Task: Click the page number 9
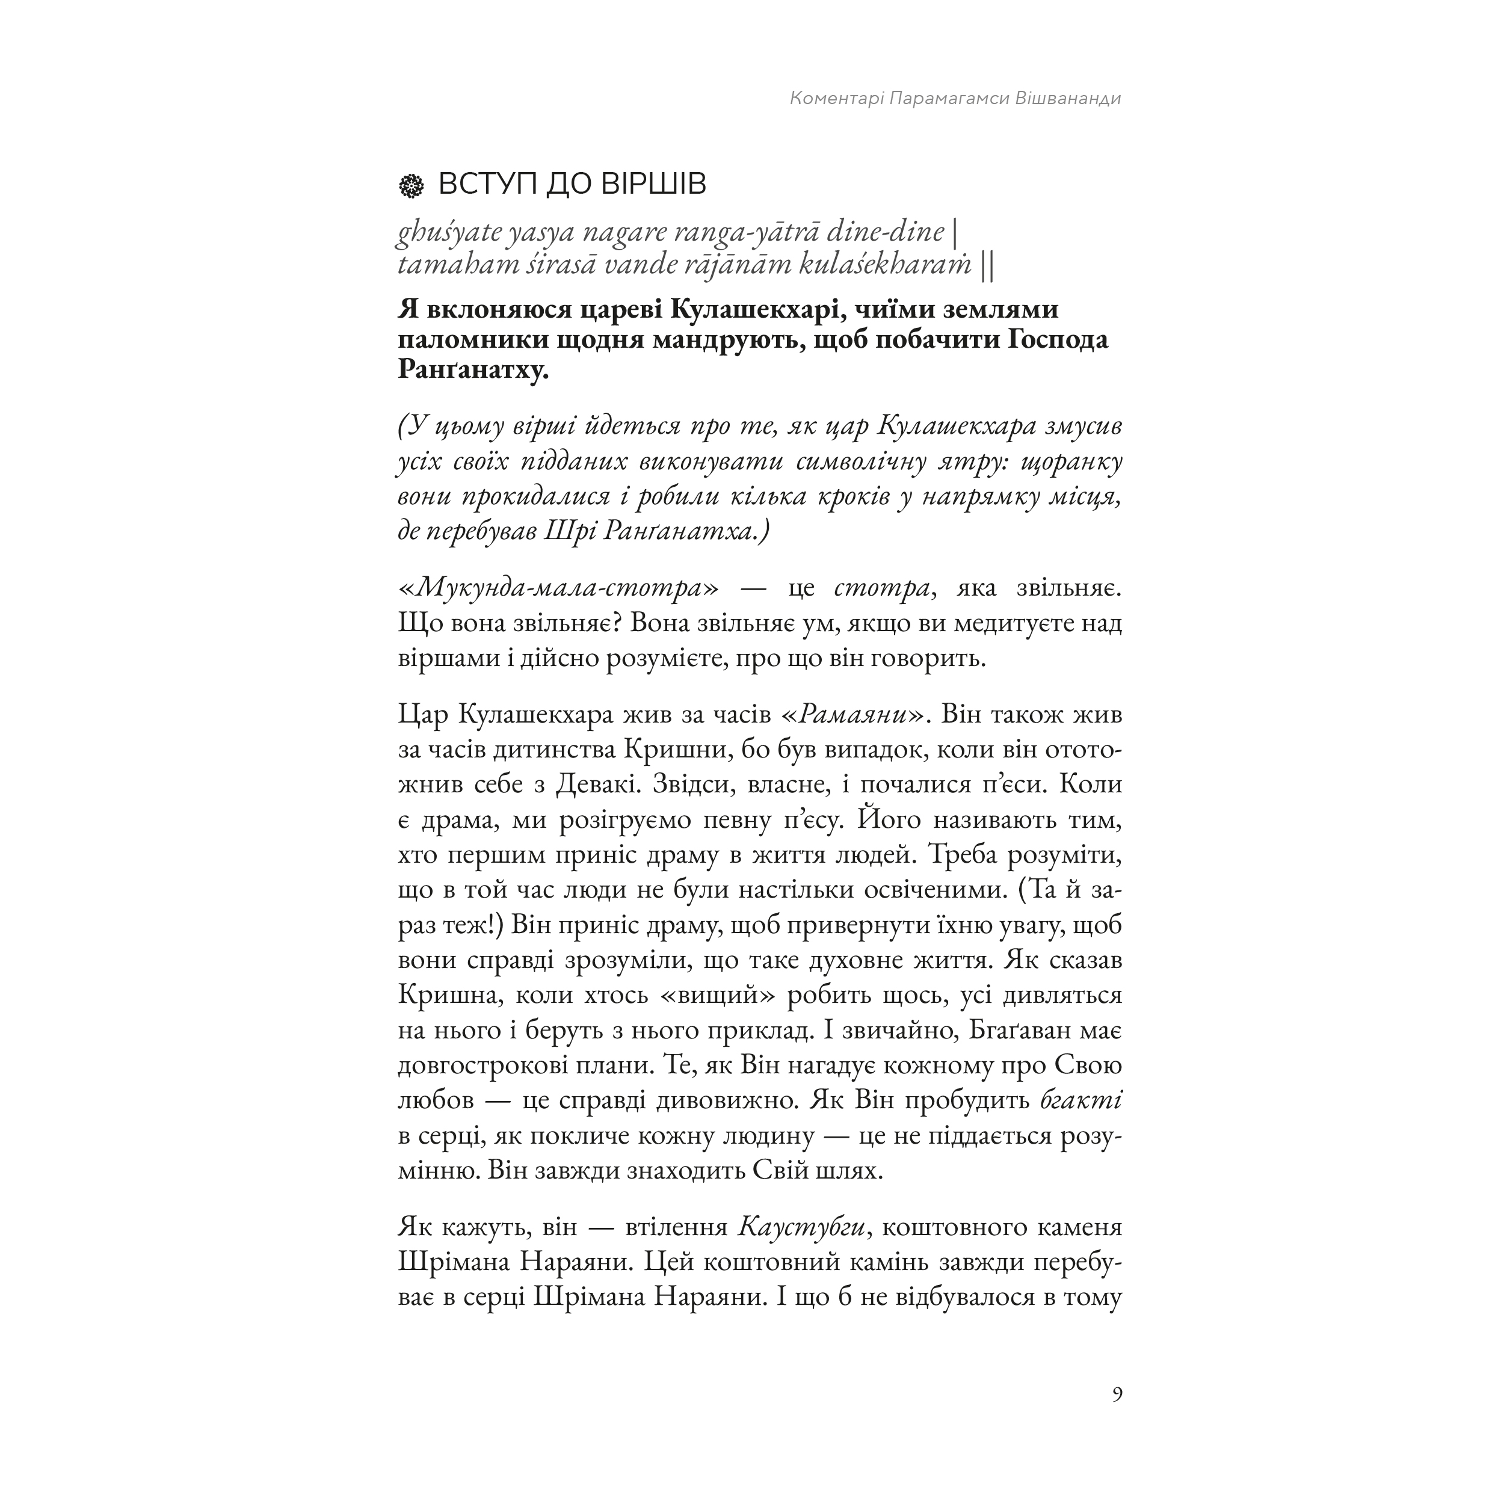(1117, 1395)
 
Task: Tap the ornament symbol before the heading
(411, 185)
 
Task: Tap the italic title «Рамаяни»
(852, 714)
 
